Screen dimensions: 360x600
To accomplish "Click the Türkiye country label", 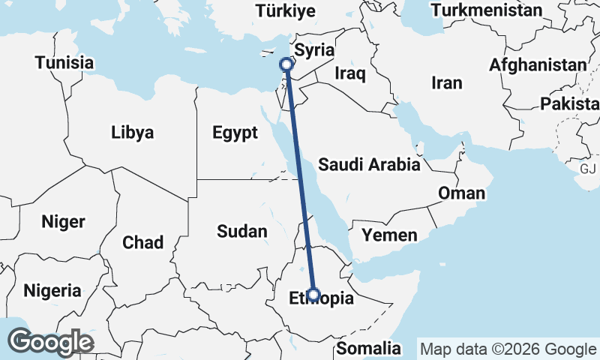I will tap(286, 10).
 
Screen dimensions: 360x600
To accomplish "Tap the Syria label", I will tap(313, 50).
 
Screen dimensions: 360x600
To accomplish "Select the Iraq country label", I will tap(350, 73).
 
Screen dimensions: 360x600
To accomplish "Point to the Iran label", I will tap(448, 82).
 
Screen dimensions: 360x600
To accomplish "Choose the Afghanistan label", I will tap(538, 65).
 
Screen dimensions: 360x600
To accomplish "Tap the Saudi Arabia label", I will tap(369, 165).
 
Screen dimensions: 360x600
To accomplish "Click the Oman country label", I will tap(461, 193).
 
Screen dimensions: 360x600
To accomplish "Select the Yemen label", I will tap(389, 235).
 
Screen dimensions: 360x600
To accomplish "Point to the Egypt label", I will tap(235, 133).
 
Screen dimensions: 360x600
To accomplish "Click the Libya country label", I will tap(132, 133).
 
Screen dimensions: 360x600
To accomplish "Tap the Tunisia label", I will tap(64, 62).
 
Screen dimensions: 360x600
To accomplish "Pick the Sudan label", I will tap(241, 231).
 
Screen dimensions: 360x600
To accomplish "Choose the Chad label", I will tap(142, 242).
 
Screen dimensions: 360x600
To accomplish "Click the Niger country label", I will tap(64, 222).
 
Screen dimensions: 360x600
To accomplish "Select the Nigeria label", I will tap(52, 289).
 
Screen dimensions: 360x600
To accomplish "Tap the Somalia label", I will tap(368, 348).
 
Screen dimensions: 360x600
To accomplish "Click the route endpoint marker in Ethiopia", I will tap(314, 294).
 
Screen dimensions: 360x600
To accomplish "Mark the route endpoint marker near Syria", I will tap(286, 65).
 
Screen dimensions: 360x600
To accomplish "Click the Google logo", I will tap(51, 342).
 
